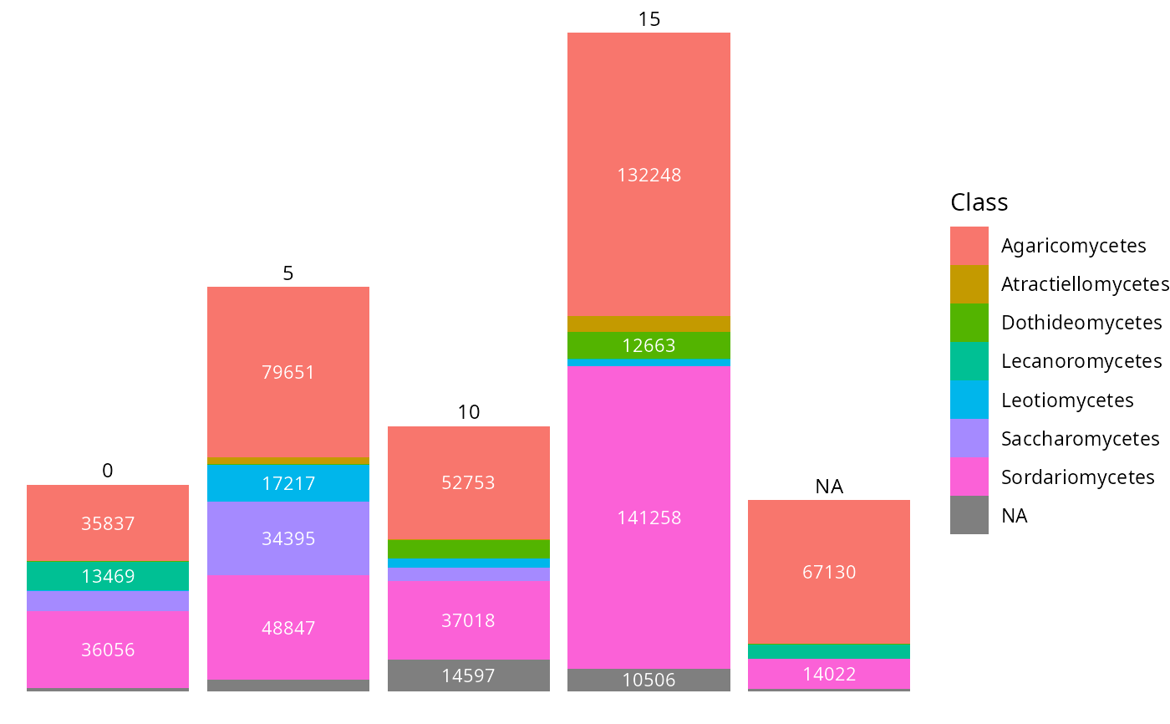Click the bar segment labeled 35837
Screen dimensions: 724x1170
108,523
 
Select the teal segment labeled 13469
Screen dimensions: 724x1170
108,576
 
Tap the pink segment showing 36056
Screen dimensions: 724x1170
108,650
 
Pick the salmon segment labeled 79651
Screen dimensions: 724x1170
288,372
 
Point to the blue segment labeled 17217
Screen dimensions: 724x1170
288,483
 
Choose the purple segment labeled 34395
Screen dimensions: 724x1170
288,538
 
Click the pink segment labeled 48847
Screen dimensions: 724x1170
288,628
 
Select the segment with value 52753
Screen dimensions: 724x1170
469,482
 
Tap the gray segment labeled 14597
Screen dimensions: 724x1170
469,676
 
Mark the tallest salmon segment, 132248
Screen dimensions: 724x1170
649,175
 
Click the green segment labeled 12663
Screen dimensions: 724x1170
649,345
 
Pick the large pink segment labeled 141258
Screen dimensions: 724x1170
649,518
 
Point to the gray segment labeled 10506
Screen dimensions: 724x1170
649,680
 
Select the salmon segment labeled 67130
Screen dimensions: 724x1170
829,572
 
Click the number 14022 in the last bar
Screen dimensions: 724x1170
829,674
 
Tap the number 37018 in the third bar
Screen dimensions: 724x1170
469,620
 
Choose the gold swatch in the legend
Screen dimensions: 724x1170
969,284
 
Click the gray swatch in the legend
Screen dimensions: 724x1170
969,515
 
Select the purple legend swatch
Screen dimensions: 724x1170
969,438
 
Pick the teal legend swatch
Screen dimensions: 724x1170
969,361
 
